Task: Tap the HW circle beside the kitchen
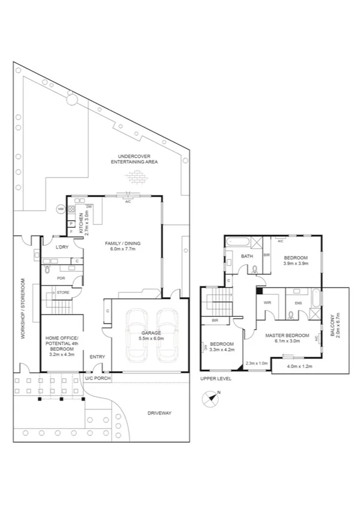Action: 61,209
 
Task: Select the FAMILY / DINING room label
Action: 123,244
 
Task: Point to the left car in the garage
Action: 138,336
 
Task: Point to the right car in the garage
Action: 166,336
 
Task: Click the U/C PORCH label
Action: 95,378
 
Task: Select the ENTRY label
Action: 97,357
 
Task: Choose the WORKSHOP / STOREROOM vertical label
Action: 22,309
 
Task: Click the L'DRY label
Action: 61,247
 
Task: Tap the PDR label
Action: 60,278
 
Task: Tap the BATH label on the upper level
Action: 246,256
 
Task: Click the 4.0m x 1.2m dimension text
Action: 300,366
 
